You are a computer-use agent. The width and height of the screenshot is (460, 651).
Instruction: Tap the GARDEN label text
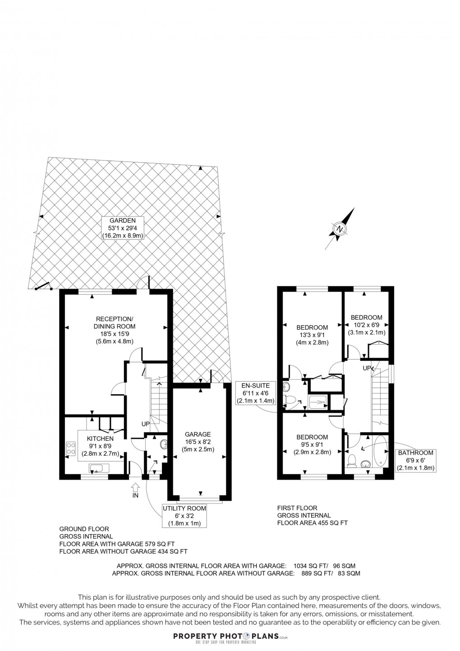(x=122, y=221)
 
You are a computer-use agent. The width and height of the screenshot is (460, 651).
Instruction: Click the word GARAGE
(x=199, y=434)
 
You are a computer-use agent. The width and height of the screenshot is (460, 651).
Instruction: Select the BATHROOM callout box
(x=415, y=460)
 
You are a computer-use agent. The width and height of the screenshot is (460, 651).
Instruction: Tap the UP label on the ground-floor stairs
(x=145, y=424)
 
